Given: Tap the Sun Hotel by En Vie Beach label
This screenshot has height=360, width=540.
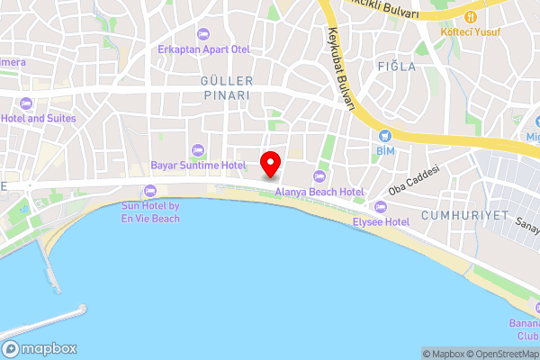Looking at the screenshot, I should tap(149, 212).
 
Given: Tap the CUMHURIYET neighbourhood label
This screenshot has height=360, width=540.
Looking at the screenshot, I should tap(464, 216).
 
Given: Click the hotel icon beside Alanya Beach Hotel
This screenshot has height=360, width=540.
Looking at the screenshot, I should tap(318, 175).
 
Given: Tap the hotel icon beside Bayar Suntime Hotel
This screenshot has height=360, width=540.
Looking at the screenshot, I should tap(197, 150).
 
